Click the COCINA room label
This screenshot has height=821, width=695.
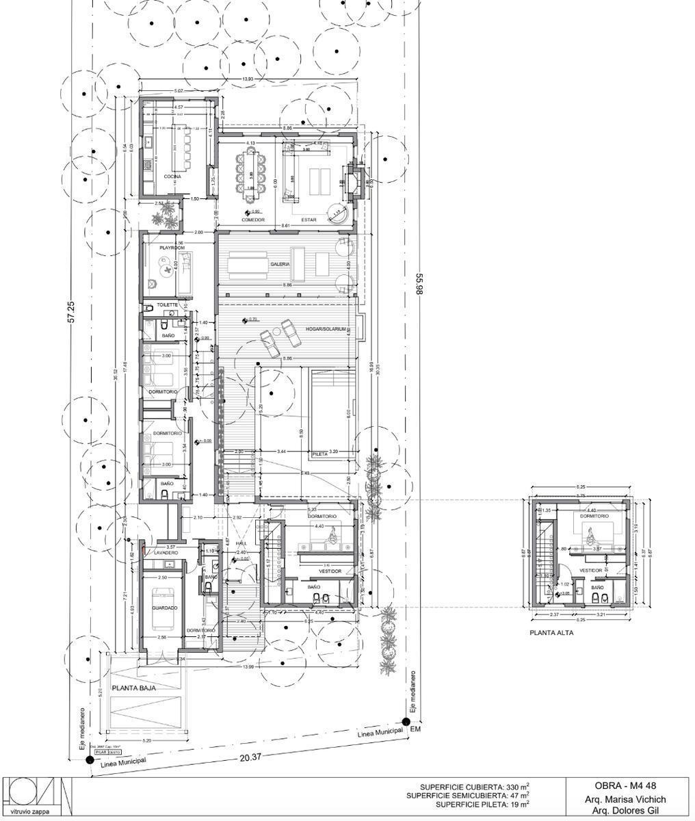pyautogui.click(x=172, y=177)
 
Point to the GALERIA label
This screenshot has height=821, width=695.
pyautogui.click(x=280, y=263)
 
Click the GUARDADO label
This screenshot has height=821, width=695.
pyautogui.click(x=164, y=608)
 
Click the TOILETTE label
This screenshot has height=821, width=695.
pyautogui.click(x=167, y=304)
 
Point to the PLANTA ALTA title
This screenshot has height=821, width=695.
pyautogui.click(x=551, y=633)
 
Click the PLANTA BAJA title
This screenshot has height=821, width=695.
pyautogui.click(x=134, y=688)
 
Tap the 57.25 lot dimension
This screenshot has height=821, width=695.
pyautogui.click(x=70, y=311)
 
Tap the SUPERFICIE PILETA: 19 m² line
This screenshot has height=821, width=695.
pyautogui.click(x=482, y=805)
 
